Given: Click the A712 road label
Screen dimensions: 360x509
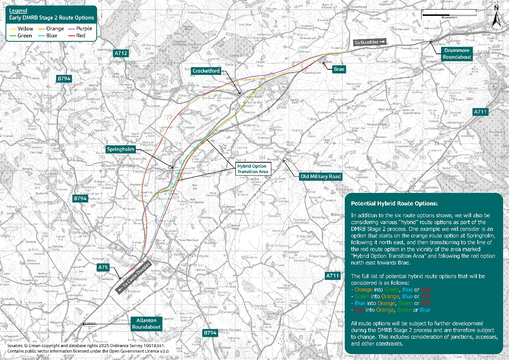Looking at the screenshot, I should pyautogui.click(x=121, y=53).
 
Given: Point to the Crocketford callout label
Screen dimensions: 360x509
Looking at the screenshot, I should pyautogui.click(x=206, y=71).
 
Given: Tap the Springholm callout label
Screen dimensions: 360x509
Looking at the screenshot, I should pyautogui.click(x=121, y=149).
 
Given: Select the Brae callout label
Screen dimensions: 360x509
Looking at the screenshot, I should pyautogui.click(x=338, y=69).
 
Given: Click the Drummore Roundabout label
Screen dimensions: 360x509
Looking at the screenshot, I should pyautogui.click(x=457, y=54).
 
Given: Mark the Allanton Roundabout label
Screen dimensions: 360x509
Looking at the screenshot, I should pyautogui.click(x=146, y=324).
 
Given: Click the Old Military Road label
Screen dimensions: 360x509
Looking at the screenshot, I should pyautogui.click(x=320, y=176).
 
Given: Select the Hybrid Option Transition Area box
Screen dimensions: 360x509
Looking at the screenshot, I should pyautogui.click(x=252, y=169).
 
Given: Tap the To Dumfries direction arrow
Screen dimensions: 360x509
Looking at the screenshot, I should pyautogui.click(x=370, y=42).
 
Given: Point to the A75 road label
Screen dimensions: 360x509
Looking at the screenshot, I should pyautogui.click(x=103, y=267).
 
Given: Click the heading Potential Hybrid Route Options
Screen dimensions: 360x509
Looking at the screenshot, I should pyautogui.click(x=394, y=204).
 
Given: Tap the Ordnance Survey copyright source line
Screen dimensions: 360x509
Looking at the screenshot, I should pyautogui.click(x=86, y=346).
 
